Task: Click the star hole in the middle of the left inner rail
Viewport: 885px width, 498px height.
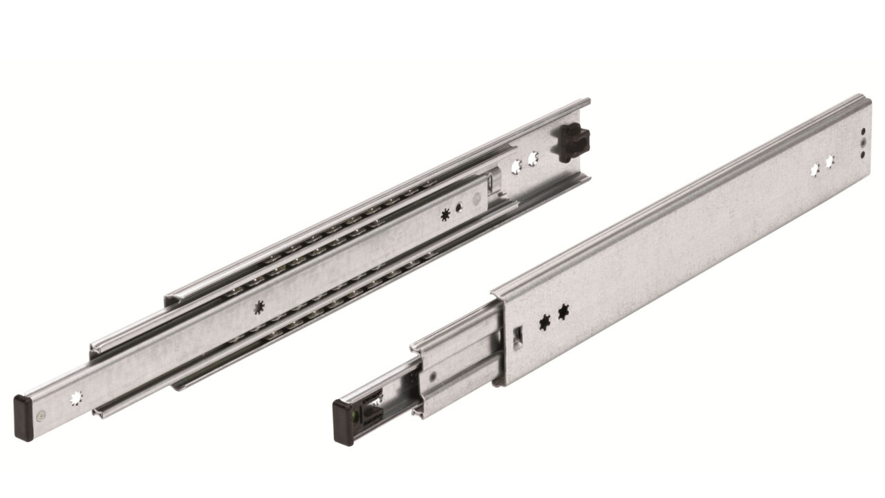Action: (259, 306)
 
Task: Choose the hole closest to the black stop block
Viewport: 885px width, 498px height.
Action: (534, 159)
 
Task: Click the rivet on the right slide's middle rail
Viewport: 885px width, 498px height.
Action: (433, 377)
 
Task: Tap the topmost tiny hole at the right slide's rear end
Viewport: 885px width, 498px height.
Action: (863, 131)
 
